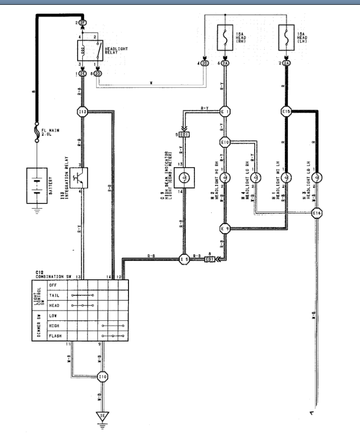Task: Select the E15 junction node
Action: click(x=286, y=112)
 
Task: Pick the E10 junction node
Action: click(x=224, y=143)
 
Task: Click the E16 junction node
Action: click(x=317, y=212)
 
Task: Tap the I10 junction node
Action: click(x=102, y=376)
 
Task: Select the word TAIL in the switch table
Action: click(x=53, y=295)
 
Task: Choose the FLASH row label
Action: click(x=54, y=335)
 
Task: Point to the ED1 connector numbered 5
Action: click(x=183, y=134)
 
